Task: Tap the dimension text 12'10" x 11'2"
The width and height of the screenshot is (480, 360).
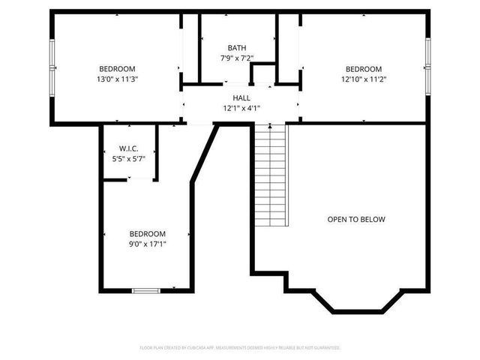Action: (364, 78)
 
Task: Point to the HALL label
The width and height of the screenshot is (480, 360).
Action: (241, 97)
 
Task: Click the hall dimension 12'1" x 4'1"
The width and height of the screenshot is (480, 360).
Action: (241, 108)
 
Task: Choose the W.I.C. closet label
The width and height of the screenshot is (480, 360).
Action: (127, 148)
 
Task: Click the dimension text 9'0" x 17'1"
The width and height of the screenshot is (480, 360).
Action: (147, 244)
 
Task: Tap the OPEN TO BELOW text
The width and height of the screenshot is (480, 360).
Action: (355, 220)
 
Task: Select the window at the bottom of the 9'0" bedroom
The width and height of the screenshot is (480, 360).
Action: (146, 290)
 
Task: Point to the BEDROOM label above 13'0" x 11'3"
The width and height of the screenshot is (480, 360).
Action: (118, 68)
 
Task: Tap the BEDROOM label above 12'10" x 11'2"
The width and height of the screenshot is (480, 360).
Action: (364, 68)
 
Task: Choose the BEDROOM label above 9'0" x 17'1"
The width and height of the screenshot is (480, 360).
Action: (147, 233)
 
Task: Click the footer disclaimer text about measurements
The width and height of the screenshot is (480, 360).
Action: (240, 348)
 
